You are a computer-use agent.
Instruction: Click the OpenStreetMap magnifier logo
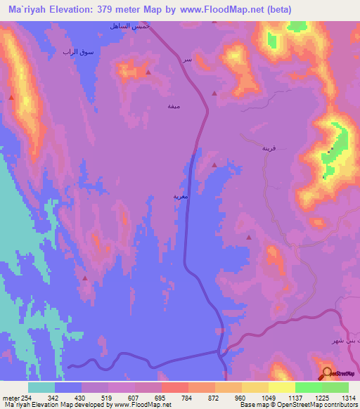pyautogui.click(x=326, y=373)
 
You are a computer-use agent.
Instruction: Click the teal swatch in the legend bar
pyautogui.click(x=41, y=387)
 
